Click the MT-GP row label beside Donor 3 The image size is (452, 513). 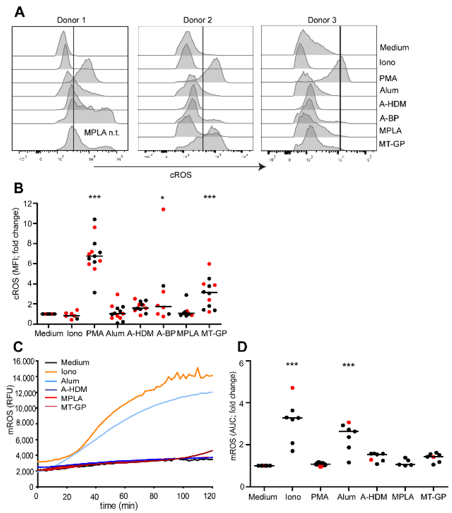click(x=392, y=144)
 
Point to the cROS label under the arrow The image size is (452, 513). click(x=181, y=175)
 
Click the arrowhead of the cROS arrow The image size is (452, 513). click(x=263, y=167)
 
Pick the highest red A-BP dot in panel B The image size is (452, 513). click(x=163, y=209)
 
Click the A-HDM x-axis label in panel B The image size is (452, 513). click(x=140, y=334)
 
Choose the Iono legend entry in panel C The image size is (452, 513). click(x=68, y=372)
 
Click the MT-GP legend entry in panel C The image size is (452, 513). click(x=73, y=407)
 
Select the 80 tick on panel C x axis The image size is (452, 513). click(x=154, y=496)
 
